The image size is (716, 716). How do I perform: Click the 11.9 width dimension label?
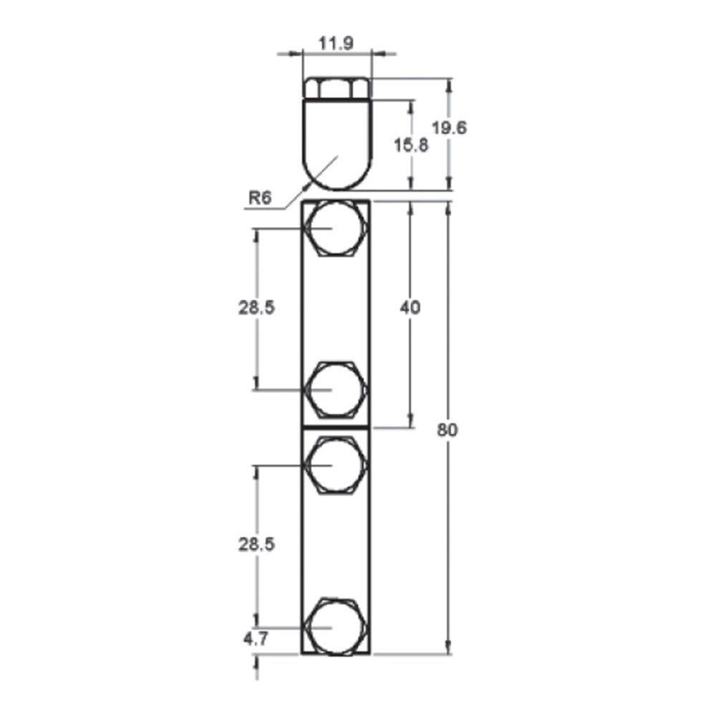coord(336,44)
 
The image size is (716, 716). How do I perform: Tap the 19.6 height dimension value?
coord(450,128)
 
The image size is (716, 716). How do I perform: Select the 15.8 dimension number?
coord(411,145)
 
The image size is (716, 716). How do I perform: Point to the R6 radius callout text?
coord(260,198)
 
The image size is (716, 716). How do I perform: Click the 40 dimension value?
coord(410,308)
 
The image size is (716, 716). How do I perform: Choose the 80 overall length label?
coord(447,430)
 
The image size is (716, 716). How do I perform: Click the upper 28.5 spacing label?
coord(256,308)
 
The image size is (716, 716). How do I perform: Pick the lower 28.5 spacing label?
coord(256,544)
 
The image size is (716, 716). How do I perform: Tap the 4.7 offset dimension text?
coord(256,639)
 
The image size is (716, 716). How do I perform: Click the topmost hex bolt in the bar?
coord(337,228)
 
